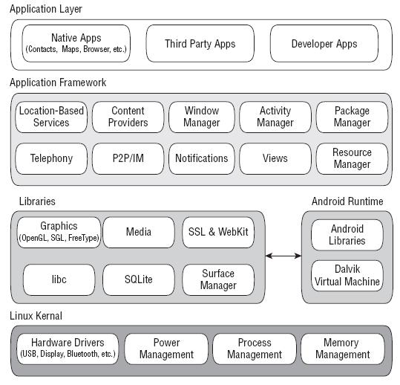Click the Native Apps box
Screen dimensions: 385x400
tap(76, 43)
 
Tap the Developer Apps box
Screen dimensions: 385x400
tap(324, 43)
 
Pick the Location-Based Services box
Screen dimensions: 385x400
tap(51, 117)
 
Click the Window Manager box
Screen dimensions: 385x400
tap(201, 117)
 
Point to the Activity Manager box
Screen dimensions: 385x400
tap(275, 117)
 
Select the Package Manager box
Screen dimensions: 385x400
tap(352, 117)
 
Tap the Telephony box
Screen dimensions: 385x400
tap(51, 158)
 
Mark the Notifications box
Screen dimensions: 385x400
tap(201, 158)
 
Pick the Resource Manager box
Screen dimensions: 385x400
tap(352, 158)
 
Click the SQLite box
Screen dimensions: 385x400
tap(138, 279)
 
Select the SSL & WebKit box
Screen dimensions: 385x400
tap(217, 232)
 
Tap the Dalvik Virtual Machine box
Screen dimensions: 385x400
tap(347, 276)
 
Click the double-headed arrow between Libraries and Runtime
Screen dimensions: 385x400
tap(283, 256)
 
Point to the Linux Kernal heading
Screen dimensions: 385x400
tap(36, 316)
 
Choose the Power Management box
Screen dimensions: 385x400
tap(166, 349)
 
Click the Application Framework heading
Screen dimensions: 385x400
tap(58, 82)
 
